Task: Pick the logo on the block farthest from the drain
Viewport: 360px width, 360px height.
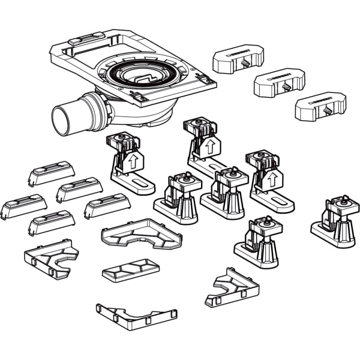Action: click(322, 100)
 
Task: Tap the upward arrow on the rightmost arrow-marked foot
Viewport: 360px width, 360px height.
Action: click(271, 177)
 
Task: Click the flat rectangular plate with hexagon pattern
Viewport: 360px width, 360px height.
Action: click(131, 271)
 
